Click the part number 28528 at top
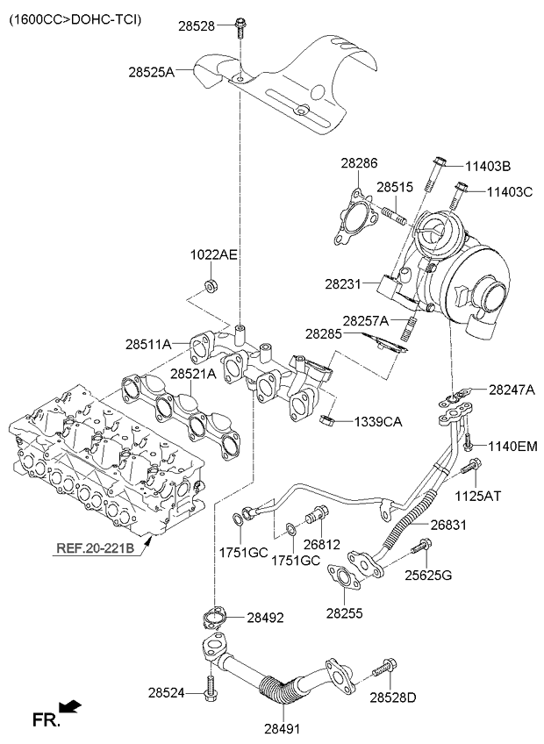click(197, 26)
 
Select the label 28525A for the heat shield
click(151, 73)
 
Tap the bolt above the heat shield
click(239, 29)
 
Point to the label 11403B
click(488, 165)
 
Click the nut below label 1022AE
click(210, 285)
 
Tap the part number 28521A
click(193, 374)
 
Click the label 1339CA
click(378, 422)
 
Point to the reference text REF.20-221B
click(96, 550)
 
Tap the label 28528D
click(393, 697)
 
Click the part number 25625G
click(429, 576)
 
